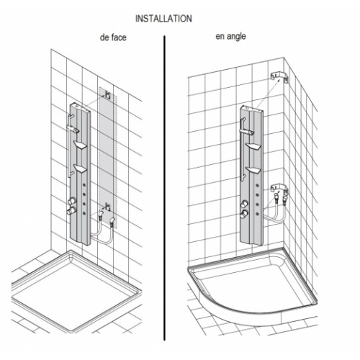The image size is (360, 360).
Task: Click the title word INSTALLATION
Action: pos(163,19)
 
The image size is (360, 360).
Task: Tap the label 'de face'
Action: pos(113,37)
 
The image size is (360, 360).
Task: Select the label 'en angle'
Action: pos(230,37)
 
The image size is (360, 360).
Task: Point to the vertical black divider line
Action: pos(164,188)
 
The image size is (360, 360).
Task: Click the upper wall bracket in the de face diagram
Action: pos(107,95)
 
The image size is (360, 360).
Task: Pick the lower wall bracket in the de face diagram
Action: pos(107,207)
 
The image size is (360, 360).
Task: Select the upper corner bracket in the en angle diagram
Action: pos(279,77)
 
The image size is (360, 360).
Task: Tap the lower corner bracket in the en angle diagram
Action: pos(279,188)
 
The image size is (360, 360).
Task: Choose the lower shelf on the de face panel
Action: pos(81,168)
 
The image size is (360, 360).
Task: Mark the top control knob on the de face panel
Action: pos(71,201)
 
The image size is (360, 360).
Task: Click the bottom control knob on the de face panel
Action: pos(71,211)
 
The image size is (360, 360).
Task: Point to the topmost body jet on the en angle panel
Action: pos(257,185)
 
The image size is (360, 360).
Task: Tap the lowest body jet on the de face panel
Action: pos(84,212)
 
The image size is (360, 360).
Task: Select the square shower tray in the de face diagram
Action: pos(76,292)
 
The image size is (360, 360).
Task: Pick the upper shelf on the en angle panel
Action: pos(253,146)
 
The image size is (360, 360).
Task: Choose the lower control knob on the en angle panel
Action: pos(244,214)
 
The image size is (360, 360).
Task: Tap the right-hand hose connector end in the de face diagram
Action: pos(112,220)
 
